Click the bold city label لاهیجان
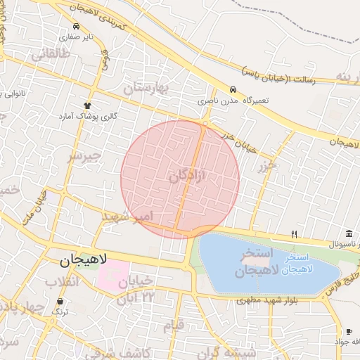pyautogui.click(x=82, y=260)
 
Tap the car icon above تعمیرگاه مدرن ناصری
pyautogui.click(x=232, y=90)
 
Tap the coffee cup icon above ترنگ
pyautogui.click(x=60, y=301)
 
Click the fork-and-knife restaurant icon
pyautogui.click(x=295, y=234)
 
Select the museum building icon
pyautogui.click(x=349, y=234)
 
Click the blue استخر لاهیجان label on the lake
pyautogui.click(x=299, y=264)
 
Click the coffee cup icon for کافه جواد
pyautogui.click(x=349, y=331)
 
